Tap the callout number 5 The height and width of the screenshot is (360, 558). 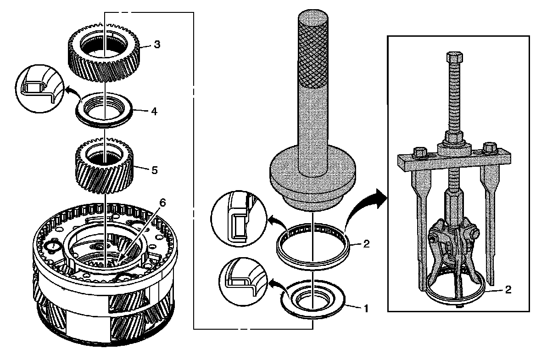click(x=154, y=170)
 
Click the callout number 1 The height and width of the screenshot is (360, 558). click(x=366, y=309)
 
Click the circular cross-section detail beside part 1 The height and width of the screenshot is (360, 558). click(x=243, y=280)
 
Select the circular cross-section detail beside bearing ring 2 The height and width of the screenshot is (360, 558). click(x=238, y=220)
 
